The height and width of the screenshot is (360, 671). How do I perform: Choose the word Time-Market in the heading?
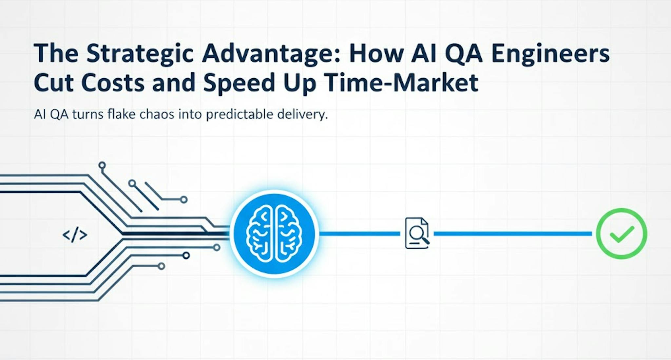coord(401,83)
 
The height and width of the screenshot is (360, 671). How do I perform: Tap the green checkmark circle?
coord(621,234)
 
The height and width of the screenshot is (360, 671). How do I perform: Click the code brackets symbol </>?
coord(75,235)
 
